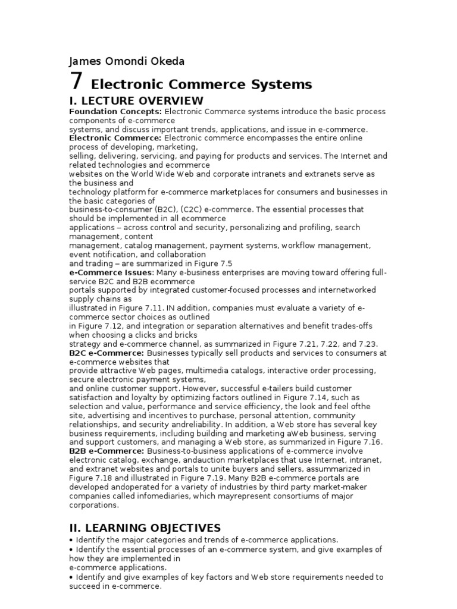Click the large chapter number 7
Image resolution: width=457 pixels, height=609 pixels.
click(76, 81)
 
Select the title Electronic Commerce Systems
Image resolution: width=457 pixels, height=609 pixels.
click(201, 84)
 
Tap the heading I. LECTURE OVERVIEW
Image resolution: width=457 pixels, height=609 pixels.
click(136, 100)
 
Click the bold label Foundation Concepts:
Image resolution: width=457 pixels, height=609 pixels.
click(115, 111)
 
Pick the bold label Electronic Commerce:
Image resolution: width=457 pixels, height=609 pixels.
click(115, 138)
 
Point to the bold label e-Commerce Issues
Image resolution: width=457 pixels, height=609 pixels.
click(111, 272)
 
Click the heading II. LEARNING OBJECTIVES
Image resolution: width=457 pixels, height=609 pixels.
click(145, 528)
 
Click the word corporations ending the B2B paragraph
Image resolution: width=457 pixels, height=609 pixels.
click(94, 505)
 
